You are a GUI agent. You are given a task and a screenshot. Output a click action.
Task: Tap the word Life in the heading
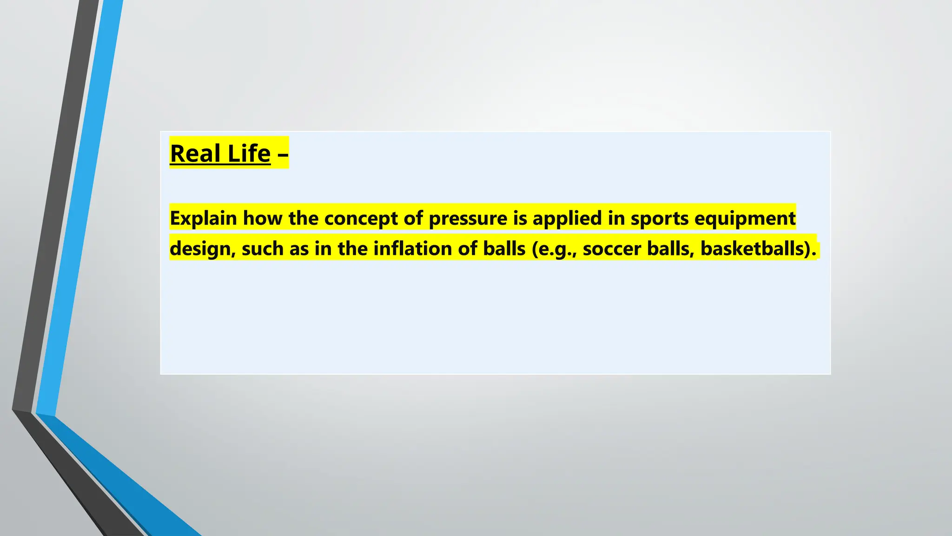(x=249, y=154)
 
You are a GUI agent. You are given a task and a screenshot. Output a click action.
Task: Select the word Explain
(x=203, y=218)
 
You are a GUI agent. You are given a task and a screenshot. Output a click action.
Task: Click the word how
(x=262, y=218)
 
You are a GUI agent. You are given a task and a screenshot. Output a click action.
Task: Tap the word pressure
(x=468, y=218)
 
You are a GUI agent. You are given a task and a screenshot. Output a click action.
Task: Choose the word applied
(x=567, y=218)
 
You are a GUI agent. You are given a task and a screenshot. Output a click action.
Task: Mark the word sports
(x=659, y=218)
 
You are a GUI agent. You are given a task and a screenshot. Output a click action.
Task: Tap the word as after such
(x=299, y=249)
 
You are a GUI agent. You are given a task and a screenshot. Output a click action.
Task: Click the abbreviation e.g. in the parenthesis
(x=552, y=249)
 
